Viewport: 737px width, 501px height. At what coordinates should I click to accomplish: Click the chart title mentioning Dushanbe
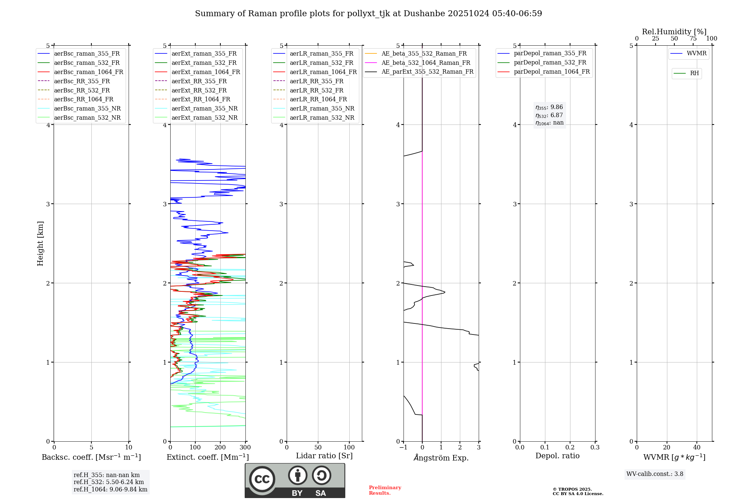[x=368, y=14]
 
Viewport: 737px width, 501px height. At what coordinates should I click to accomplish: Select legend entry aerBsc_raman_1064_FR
[x=88, y=72]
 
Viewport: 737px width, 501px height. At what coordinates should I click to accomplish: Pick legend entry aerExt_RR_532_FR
[x=199, y=90]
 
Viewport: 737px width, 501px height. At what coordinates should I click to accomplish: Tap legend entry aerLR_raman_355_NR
[x=322, y=109]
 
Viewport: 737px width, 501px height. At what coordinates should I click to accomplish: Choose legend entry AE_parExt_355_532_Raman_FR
[x=427, y=72]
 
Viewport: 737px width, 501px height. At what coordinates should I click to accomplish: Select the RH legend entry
[x=694, y=73]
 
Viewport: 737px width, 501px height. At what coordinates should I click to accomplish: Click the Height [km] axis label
[x=40, y=244]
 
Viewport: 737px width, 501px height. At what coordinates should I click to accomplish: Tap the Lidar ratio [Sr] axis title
[x=324, y=456]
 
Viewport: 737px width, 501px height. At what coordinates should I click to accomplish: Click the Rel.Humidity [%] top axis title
[x=674, y=32]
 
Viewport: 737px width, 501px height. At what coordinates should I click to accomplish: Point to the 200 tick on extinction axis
[x=220, y=448]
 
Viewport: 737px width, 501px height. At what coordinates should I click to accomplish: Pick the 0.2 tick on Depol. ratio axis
[x=570, y=448]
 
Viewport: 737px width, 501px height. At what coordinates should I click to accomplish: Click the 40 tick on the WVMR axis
[x=697, y=448]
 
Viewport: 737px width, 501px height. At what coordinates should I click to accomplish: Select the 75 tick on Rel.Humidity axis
[x=693, y=39]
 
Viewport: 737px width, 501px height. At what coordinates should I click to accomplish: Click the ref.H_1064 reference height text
[x=110, y=490]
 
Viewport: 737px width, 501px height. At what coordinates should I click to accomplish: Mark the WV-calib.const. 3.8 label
[x=655, y=474]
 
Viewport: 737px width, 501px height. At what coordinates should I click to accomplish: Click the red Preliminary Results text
[x=385, y=490]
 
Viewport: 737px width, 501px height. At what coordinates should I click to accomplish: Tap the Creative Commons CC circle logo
[x=262, y=479]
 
